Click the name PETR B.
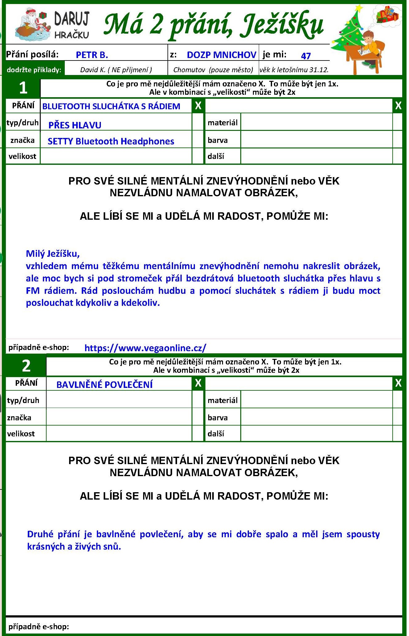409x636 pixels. [x=92, y=55]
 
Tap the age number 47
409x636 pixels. [x=306, y=56]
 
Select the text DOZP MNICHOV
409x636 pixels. [x=221, y=55]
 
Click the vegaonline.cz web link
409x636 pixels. [x=145, y=348]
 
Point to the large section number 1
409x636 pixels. [x=23, y=88]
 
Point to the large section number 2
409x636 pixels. [x=26, y=366]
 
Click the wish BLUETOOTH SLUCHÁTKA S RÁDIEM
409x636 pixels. [x=111, y=106]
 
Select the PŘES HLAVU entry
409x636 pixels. [x=75, y=125]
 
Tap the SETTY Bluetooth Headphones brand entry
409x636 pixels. [x=111, y=141]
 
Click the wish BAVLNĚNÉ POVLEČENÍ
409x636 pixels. [x=104, y=385]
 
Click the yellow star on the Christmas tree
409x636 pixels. [x=359, y=8]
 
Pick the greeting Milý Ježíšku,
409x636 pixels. [x=53, y=254]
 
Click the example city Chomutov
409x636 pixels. [x=189, y=70]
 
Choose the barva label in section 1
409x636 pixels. [x=217, y=140]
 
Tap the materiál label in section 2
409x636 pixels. [x=222, y=400]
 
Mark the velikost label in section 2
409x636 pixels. [x=21, y=434]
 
